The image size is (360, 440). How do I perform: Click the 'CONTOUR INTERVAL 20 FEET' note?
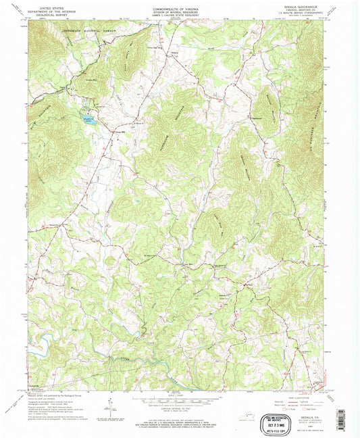coord(180,408)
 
